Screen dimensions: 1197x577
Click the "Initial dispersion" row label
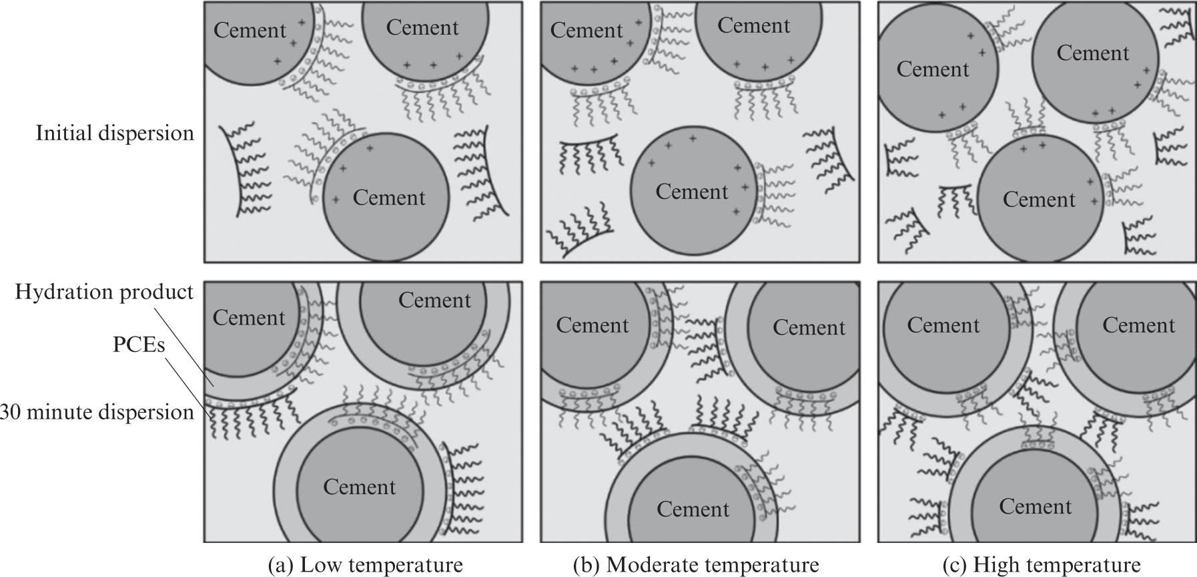click(115, 134)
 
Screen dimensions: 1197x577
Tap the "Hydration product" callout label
click(104, 293)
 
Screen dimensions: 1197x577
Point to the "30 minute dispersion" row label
click(97, 412)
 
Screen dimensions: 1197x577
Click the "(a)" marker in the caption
click(280, 566)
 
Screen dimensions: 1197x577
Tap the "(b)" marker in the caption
click(586, 566)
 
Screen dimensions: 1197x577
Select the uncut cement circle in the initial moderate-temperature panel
click(693, 190)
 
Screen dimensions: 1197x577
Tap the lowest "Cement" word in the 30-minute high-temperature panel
click(1035, 507)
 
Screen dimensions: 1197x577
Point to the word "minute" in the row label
click(66, 412)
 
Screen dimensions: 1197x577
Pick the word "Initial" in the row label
click(64, 133)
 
